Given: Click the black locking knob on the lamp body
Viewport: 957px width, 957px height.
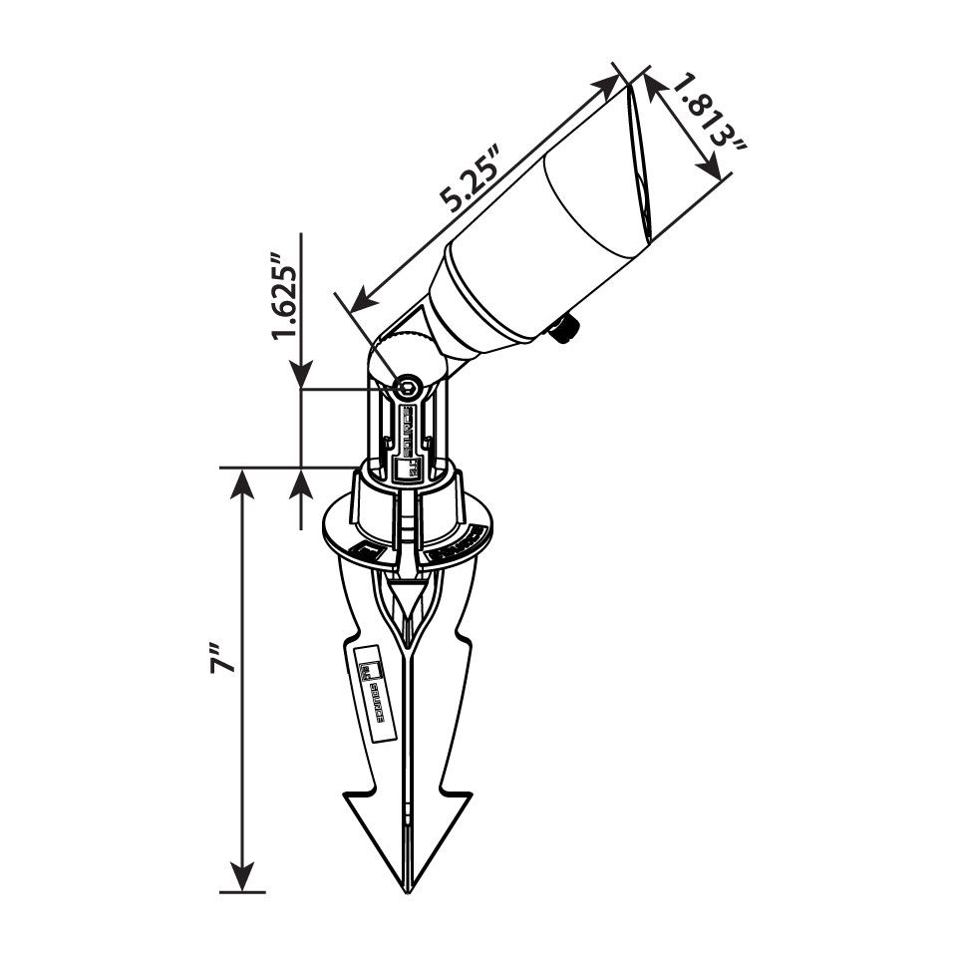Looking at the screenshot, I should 567,328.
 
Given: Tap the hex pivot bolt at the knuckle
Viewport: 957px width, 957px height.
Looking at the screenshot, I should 407,388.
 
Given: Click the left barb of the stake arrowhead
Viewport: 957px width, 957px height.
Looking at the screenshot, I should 351,797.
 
